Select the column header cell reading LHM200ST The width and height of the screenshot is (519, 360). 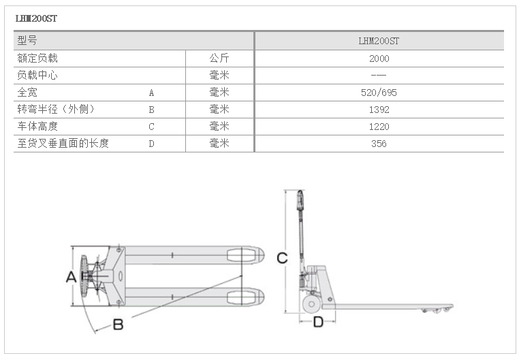tap(379, 41)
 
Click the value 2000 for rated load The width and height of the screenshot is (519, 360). tap(379, 59)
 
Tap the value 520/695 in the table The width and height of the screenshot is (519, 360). tap(379, 93)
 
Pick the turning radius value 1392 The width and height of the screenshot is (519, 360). tap(379, 110)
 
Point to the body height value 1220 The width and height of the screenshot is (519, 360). tap(379, 127)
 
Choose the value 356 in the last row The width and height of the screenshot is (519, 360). tap(379, 144)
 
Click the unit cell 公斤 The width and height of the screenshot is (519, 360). tap(219, 59)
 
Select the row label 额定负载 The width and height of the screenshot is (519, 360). tap(37, 59)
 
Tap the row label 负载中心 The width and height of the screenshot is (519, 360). tap(37, 76)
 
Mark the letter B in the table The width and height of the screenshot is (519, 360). tap(151, 110)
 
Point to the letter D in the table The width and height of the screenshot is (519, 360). tap(151, 144)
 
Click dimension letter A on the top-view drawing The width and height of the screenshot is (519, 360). tap(70, 277)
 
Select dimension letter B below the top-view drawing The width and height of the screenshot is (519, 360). tap(118, 325)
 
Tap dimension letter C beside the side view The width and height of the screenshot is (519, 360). tap(282, 257)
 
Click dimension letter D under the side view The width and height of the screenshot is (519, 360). tap(318, 322)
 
